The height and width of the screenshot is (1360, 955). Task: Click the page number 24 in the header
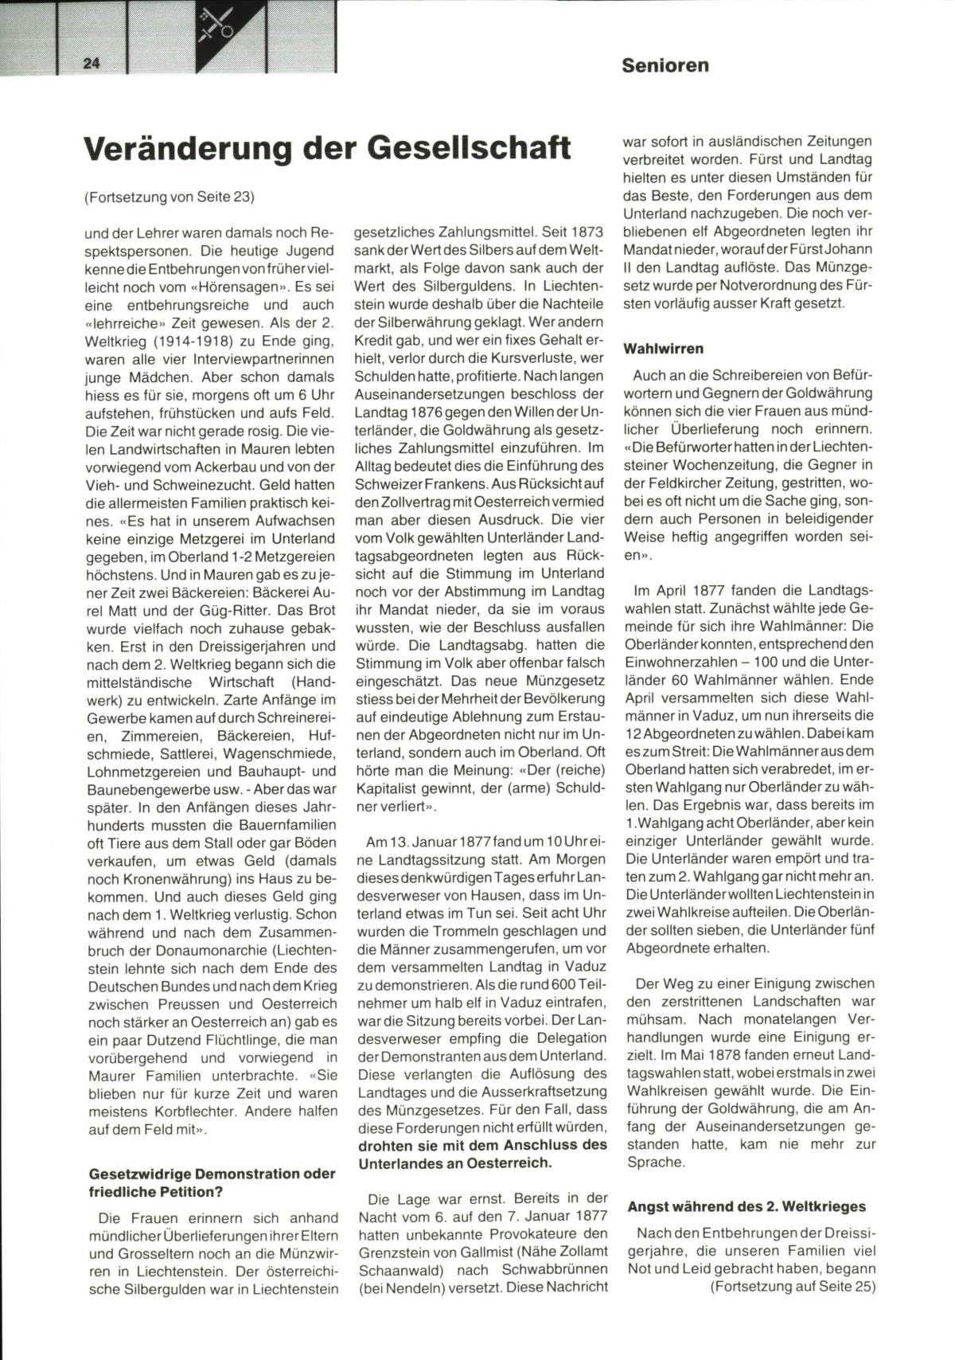coord(91,64)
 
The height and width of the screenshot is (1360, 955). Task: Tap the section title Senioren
coord(665,65)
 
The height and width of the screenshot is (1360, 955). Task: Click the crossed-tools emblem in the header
coord(216,25)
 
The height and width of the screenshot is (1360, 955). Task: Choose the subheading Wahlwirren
coord(664,349)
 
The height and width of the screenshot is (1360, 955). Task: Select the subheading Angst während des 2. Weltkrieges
coord(746,1206)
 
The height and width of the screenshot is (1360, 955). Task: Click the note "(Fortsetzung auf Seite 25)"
coord(793,1286)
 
